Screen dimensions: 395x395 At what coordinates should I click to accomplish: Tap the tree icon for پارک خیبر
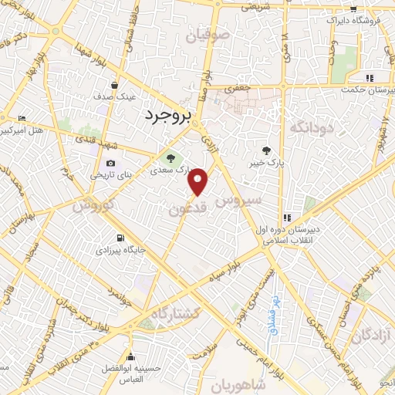point(266,150)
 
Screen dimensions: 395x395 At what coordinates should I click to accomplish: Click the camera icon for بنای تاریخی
point(111,163)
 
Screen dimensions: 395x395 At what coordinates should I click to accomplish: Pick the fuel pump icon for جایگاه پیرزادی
point(120,238)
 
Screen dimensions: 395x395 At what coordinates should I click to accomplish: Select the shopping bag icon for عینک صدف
point(114,86)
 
